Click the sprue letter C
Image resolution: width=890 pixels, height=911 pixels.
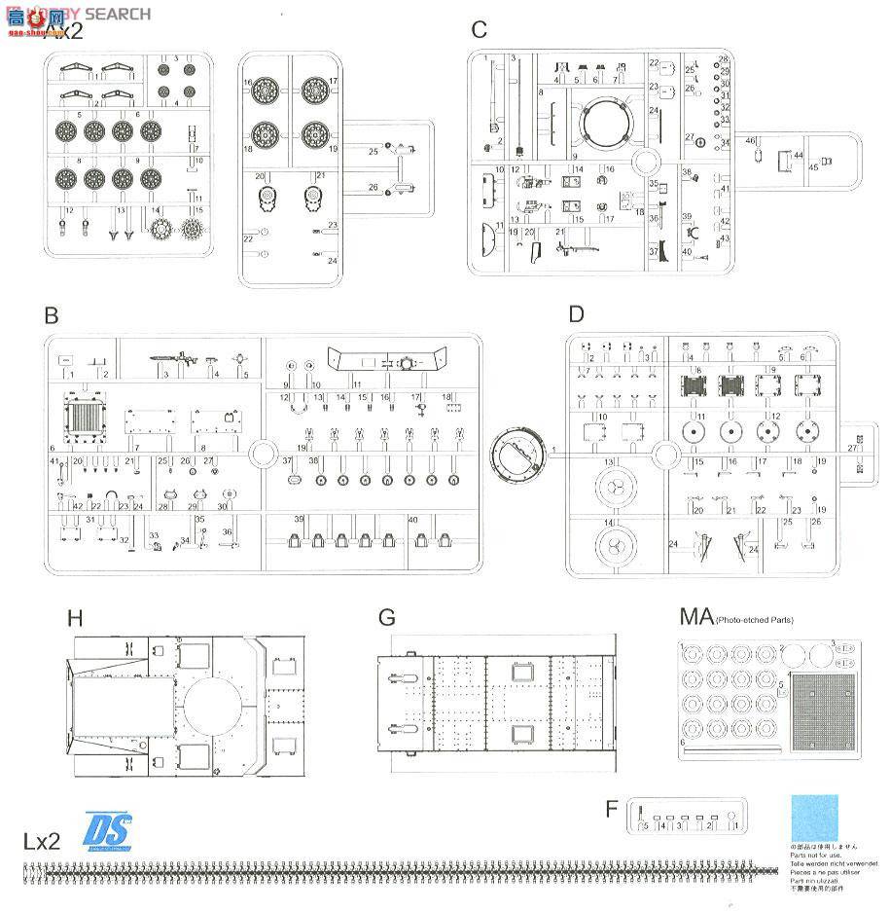pyautogui.click(x=479, y=30)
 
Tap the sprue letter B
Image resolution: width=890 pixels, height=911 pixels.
pyautogui.click(x=52, y=316)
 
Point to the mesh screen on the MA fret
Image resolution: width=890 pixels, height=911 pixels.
pyautogui.click(x=823, y=715)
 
